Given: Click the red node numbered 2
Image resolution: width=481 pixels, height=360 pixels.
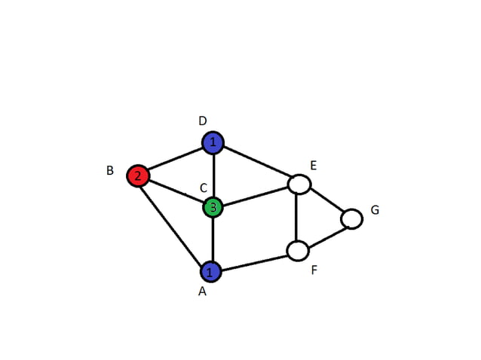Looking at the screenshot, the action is (x=137, y=176).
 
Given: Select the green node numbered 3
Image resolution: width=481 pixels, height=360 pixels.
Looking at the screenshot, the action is (x=213, y=207).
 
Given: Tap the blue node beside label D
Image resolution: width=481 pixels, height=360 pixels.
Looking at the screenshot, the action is (x=213, y=142).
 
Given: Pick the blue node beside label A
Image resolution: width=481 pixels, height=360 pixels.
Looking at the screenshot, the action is (x=210, y=271).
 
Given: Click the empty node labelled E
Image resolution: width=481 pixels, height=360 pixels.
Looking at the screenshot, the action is (x=299, y=184).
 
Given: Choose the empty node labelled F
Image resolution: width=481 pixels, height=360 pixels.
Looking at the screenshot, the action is (x=298, y=250).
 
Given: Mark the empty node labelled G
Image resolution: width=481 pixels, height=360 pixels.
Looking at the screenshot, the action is (x=351, y=218).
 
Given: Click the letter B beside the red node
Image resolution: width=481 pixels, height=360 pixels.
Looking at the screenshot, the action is (x=110, y=171).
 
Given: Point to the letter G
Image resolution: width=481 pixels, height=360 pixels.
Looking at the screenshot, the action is (x=375, y=209).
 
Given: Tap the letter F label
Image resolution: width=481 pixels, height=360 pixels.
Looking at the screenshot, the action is (x=314, y=270).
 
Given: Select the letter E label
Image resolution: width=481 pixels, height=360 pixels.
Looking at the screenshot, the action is (x=314, y=165).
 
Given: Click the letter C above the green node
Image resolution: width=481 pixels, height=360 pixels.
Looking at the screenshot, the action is (x=203, y=187).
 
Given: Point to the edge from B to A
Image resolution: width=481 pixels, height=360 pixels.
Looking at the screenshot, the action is (x=173, y=223).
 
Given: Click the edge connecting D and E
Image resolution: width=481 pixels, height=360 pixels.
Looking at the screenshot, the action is (x=256, y=163).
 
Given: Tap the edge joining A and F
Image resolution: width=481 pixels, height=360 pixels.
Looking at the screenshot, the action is (x=254, y=261).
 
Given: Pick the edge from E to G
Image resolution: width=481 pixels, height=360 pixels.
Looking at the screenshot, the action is (x=326, y=201).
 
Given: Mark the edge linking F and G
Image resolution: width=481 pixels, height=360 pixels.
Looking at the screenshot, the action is (x=325, y=234).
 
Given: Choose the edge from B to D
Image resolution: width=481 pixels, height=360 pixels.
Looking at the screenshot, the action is (x=175, y=159).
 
